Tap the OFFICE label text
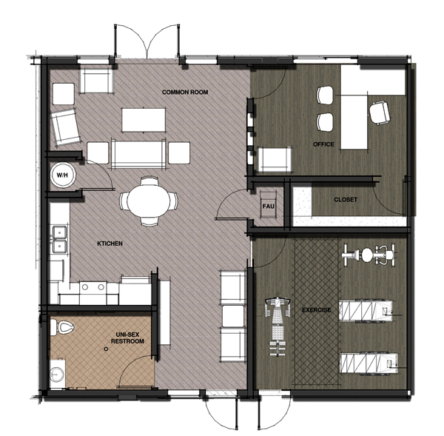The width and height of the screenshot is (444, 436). click(x=323, y=144)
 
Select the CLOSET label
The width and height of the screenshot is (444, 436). click(x=346, y=199)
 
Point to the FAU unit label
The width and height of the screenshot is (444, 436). click(x=269, y=205)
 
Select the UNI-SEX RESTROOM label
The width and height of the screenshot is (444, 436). click(x=126, y=338)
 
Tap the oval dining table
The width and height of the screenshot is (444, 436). click(x=149, y=200)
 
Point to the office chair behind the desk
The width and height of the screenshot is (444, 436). click(x=380, y=112)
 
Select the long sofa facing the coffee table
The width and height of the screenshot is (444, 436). click(x=136, y=152)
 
